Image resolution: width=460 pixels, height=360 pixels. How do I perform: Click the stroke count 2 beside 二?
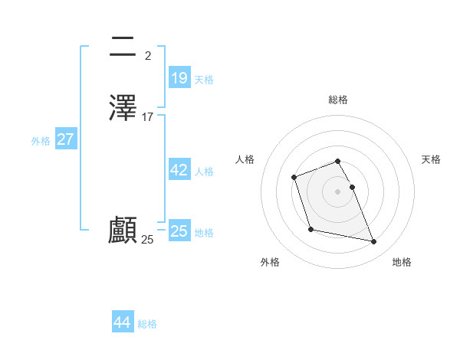pyautogui.click(x=148, y=56)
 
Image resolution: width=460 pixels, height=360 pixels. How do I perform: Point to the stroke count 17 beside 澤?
pyautogui.click(x=148, y=117)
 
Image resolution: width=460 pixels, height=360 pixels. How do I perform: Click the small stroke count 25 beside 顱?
pyautogui.click(x=148, y=240)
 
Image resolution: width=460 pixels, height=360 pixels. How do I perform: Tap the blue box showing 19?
pyautogui.click(x=179, y=77)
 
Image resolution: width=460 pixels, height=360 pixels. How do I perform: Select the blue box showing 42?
pyautogui.click(x=179, y=170)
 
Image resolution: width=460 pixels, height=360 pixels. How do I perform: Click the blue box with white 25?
pyautogui.click(x=179, y=231)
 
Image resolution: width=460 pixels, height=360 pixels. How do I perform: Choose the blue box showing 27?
pyautogui.click(x=66, y=139)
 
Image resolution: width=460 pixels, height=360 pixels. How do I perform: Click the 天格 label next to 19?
pyautogui.click(x=204, y=80)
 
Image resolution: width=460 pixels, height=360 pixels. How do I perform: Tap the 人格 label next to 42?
pyautogui.click(x=204, y=172)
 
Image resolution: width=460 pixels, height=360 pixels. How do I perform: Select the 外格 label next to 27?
pyautogui.click(x=41, y=141)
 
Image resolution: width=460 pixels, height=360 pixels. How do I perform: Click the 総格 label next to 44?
pyautogui.click(x=147, y=324)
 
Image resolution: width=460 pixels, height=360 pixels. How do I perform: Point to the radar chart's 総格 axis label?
pyautogui.click(x=337, y=100)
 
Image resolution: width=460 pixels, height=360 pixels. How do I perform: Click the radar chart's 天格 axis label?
pyautogui.click(x=431, y=159)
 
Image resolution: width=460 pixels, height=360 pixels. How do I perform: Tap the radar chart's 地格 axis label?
pyautogui.click(x=402, y=262)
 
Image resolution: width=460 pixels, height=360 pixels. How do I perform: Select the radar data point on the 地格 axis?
pyautogui.click(x=374, y=242)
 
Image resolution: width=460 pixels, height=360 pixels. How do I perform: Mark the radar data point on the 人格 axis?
pyautogui.click(x=294, y=178)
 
